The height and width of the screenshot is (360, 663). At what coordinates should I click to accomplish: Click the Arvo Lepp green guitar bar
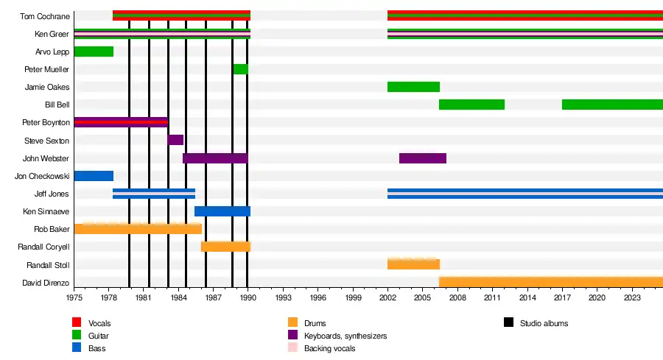coord(94,52)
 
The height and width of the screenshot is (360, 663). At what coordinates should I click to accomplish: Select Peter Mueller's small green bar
coord(240,69)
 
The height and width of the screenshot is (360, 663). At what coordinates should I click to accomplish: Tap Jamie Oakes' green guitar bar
coord(413,87)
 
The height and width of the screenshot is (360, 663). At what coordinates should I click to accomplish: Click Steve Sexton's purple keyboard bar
coord(175,140)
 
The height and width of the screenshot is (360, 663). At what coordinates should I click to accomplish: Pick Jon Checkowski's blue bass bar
coord(94,176)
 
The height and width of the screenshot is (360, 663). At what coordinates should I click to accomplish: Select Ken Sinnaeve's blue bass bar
coord(222,211)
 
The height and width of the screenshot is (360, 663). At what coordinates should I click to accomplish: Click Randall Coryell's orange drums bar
coord(225,247)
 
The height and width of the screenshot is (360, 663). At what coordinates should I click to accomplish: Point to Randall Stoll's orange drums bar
coord(413,264)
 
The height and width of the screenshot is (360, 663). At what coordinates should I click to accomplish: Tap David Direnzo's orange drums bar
coord(550,282)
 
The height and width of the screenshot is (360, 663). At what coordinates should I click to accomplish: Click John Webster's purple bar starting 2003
coord(423,158)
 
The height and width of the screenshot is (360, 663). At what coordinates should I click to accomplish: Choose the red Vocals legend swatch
coord(76,322)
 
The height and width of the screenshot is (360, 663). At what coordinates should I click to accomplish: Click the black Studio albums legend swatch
coord(508,322)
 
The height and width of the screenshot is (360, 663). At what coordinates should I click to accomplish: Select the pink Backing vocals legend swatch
coord(292,347)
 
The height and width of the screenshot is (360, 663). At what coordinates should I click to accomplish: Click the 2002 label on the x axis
coord(387,297)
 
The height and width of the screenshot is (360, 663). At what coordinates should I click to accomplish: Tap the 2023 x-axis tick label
coord(632,297)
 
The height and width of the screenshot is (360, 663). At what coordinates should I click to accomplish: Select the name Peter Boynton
coord(46,123)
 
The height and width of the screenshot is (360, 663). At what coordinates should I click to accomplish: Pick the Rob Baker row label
coord(52,230)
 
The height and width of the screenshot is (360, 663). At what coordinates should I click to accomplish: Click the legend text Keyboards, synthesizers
coord(345,336)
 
